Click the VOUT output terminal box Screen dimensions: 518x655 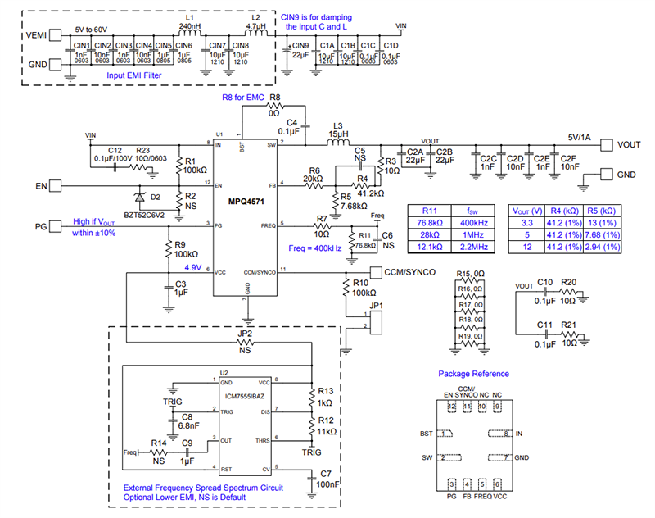(x=608, y=145)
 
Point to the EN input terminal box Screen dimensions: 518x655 (x=57, y=187)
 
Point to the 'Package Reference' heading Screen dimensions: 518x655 (x=473, y=374)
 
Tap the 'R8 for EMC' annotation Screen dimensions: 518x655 (x=242, y=98)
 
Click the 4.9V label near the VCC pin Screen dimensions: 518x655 (x=194, y=267)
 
